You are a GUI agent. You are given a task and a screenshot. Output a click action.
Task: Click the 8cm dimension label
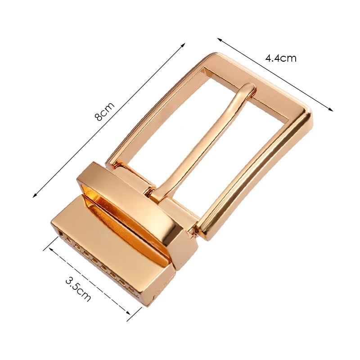point(104,112)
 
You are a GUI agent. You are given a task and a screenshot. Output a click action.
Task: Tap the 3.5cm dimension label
point(78,288)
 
